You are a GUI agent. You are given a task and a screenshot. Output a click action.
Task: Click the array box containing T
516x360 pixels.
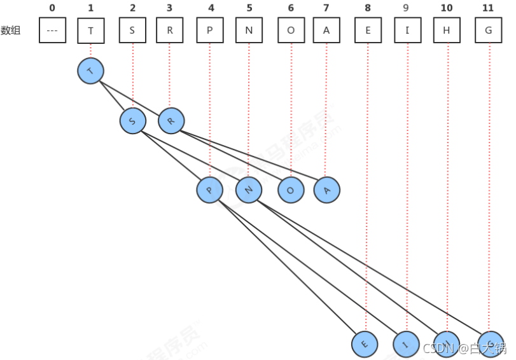[x=90, y=30]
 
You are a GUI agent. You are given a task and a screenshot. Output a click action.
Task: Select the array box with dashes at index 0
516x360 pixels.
[x=52, y=30]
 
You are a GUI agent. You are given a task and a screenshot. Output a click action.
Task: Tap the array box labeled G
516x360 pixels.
[x=489, y=30]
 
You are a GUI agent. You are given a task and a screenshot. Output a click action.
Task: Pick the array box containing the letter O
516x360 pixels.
[x=291, y=30]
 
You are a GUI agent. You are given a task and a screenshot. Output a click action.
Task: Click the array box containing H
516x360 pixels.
[x=447, y=30]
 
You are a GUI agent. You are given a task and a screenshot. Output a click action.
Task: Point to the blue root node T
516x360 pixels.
[x=90, y=71]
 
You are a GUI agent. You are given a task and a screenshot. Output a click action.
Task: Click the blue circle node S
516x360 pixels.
[x=133, y=120]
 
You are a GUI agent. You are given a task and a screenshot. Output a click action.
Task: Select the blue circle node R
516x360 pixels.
[x=171, y=120]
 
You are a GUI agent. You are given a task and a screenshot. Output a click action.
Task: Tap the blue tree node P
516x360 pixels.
[x=210, y=190]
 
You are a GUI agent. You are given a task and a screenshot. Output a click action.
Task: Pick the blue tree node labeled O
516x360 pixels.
[x=291, y=190]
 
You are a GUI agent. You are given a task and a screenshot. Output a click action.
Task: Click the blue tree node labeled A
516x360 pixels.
[x=327, y=190]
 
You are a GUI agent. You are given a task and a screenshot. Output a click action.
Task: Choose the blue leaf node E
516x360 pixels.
[x=365, y=344]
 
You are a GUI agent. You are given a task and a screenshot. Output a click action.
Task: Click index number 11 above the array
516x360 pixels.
[x=489, y=8]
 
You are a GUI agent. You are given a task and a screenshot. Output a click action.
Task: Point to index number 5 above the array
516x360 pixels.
[x=248, y=8]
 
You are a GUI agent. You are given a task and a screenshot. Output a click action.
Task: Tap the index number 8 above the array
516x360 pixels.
[x=367, y=8]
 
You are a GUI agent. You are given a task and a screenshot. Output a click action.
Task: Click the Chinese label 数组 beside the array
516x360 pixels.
[x=11, y=30]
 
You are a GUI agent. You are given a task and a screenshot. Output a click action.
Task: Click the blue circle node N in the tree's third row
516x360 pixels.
[x=249, y=190]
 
